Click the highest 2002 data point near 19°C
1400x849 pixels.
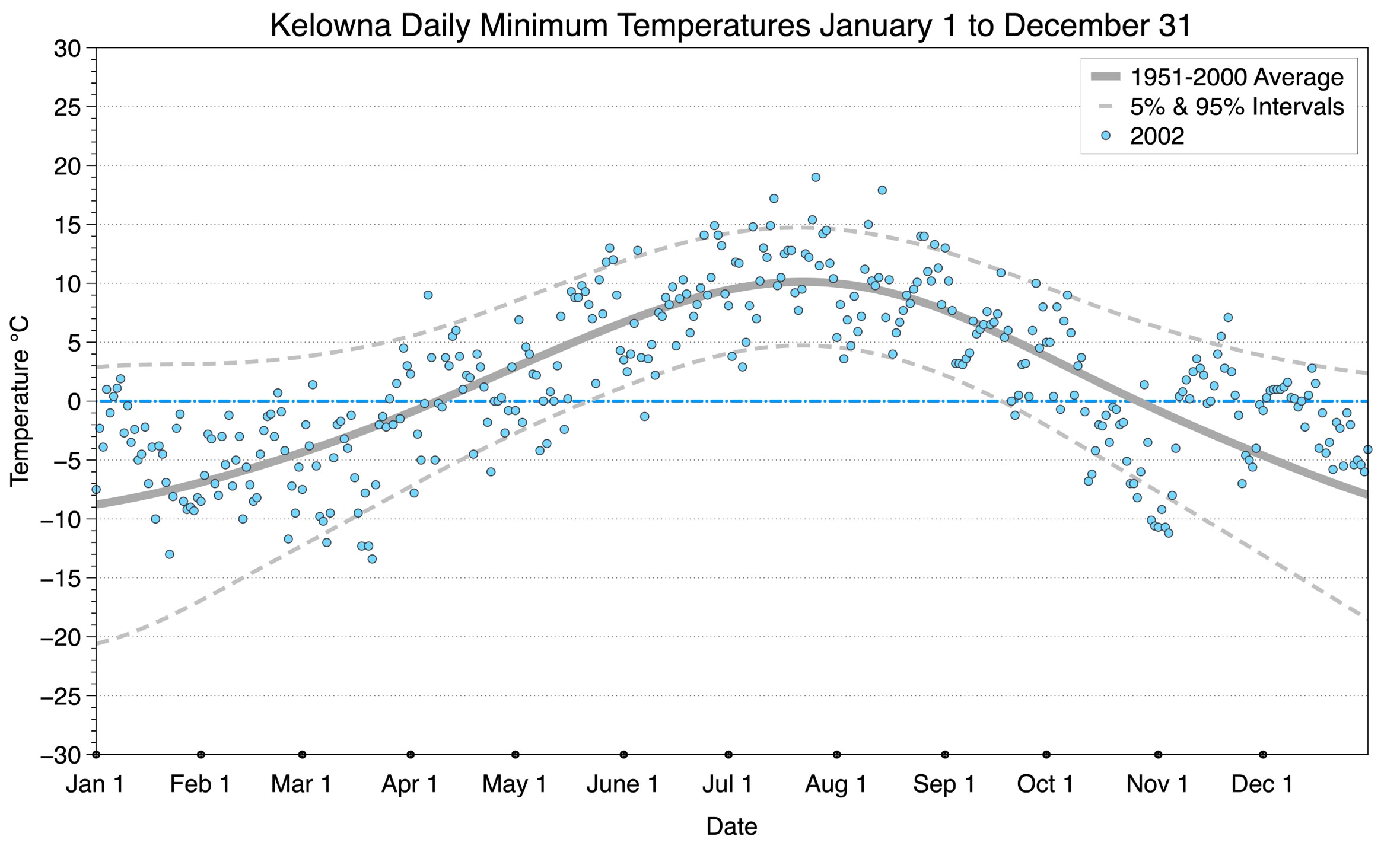[x=816, y=177]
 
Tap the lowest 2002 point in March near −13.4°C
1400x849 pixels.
[x=372, y=559]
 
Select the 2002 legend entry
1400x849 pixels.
[x=1157, y=136]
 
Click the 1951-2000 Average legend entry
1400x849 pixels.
[x=1236, y=77]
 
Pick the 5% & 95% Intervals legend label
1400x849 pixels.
[x=1236, y=107]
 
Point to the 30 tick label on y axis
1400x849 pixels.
[x=67, y=49]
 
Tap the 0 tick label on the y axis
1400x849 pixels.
[x=74, y=402]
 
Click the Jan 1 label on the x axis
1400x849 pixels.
[x=96, y=784]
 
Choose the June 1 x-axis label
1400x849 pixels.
[x=623, y=784]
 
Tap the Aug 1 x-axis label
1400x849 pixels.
[x=836, y=784]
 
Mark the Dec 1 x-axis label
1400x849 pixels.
[x=1262, y=784]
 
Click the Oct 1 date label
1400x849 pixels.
[x=1046, y=784]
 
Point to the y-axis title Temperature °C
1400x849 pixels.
[x=20, y=401]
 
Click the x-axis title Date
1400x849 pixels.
[x=731, y=826]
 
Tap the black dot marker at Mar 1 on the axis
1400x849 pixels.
[x=303, y=755]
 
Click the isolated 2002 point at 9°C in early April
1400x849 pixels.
[x=428, y=295]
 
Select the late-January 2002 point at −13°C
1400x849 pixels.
[x=169, y=554]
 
